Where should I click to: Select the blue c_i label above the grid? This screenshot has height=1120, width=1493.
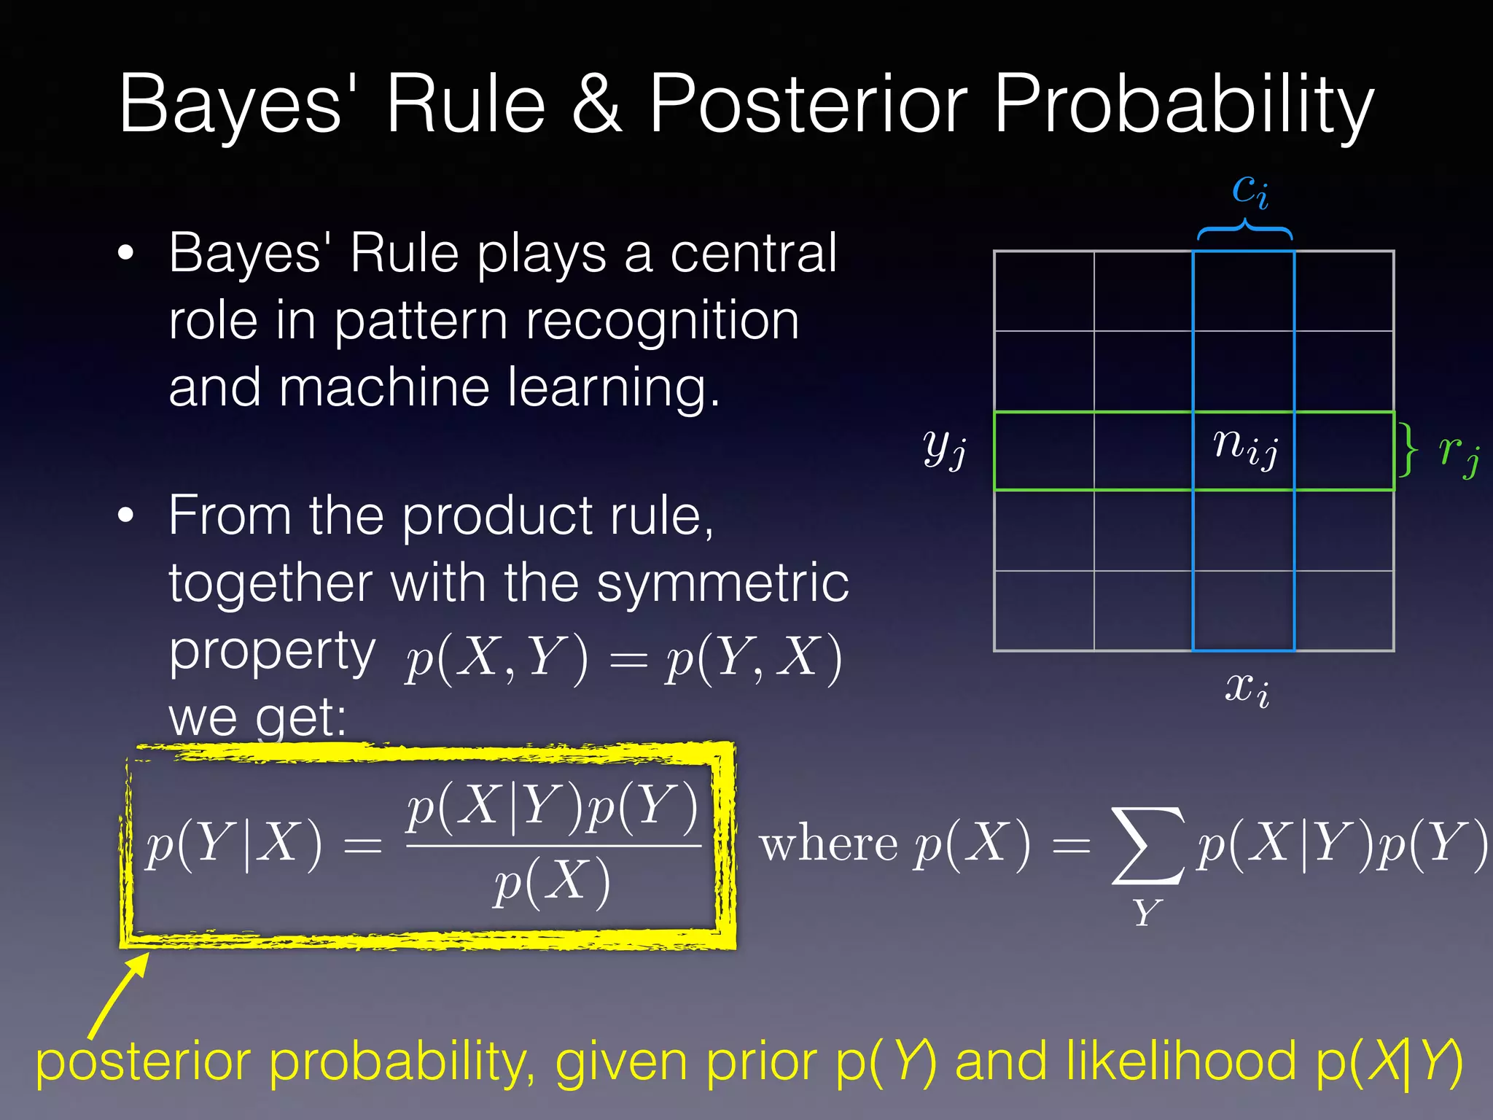point(1250,190)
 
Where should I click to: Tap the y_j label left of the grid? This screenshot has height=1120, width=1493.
point(945,446)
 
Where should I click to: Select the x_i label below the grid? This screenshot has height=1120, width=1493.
point(1247,688)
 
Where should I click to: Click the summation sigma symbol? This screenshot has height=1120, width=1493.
point(1146,846)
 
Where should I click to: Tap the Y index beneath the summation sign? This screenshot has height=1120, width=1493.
point(1146,912)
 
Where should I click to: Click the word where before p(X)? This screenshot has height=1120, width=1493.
point(827,846)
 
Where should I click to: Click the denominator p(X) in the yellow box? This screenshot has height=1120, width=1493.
point(552,882)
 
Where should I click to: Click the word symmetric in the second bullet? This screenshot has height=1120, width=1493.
point(722,583)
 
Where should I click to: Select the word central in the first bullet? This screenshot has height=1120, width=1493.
point(753,253)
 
